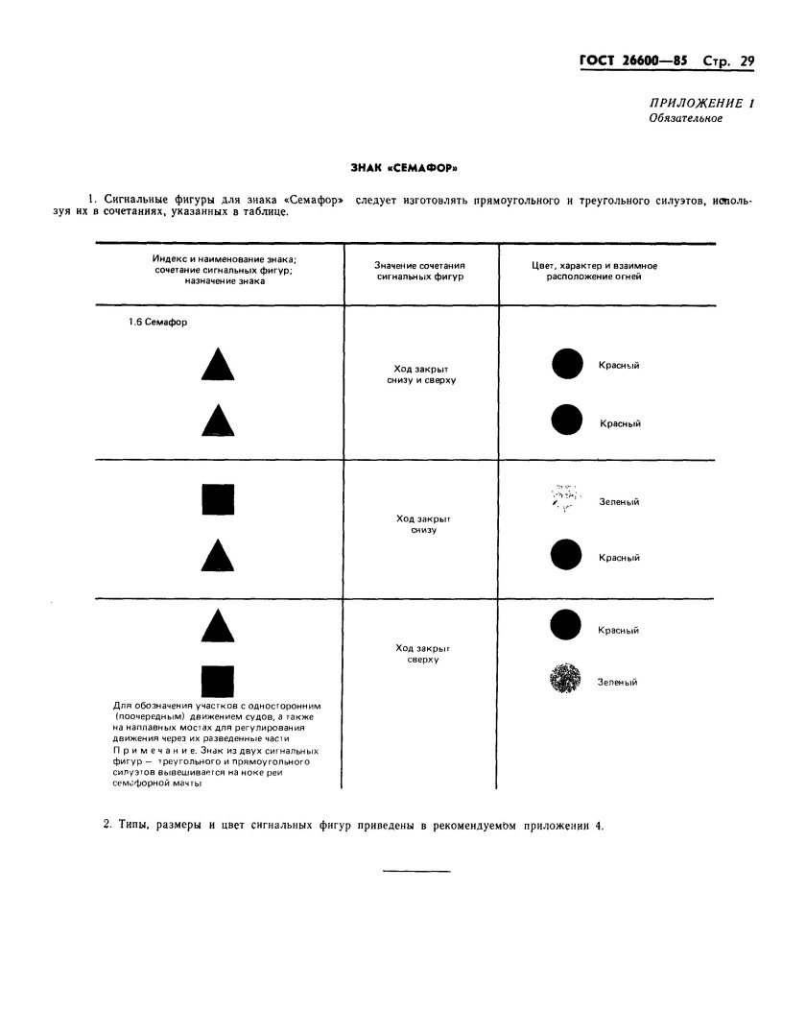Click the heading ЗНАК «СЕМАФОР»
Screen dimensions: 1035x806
pos(403,167)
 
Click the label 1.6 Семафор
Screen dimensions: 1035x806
pos(157,323)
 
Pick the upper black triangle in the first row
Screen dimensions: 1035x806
pos(218,366)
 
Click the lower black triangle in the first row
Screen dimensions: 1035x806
pos(218,421)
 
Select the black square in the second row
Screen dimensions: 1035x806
pos(218,500)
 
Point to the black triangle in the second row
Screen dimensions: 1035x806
pos(218,556)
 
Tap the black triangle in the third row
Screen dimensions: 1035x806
pos(218,626)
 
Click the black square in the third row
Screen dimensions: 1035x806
pos(218,681)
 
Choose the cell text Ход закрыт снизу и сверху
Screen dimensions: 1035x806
pos(422,374)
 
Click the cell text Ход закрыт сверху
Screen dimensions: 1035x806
pos(422,654)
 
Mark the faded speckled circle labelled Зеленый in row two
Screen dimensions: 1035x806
pos(565,498)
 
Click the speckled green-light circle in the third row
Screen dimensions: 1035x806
pos(565,680)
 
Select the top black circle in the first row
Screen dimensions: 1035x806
pos(567,364)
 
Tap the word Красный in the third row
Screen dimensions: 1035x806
pos(619,631)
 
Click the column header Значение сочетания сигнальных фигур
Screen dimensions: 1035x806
pos(422,270)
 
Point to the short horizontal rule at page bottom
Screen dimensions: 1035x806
pos(416,871)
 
